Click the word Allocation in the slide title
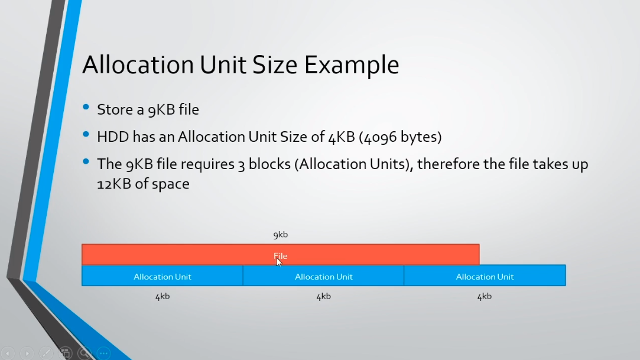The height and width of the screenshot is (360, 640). pyautogui.click(x=138, y=64)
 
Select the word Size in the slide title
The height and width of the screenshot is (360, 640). pyautogui.click(x=275, y=64)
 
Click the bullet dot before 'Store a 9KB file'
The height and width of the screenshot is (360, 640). pyautogui.click(x=86, y=108)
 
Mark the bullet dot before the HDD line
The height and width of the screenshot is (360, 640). pyautogui.click(x=86, y=134)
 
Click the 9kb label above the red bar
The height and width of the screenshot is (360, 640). pyautogui.click(x=281, y=235)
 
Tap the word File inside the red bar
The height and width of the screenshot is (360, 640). pyautogui.click(x=281, y=256)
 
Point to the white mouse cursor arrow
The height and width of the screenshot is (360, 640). pyautogui.click(x=279, y=262)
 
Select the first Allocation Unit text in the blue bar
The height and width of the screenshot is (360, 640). pyautogui.click(x=163, y=277)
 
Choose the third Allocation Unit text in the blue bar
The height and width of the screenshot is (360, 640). pyautogui.click(x=485, y=277)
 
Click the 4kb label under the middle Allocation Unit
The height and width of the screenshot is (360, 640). pyautogui.click(x=324, y=296)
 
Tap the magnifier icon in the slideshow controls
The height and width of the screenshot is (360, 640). pyautogui.click(x=85, y=353)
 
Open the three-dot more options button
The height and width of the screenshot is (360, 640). pyautogui.click(x=103, y=353)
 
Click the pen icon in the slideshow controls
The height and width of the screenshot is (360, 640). pyautogui.click(x=46, y=353)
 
